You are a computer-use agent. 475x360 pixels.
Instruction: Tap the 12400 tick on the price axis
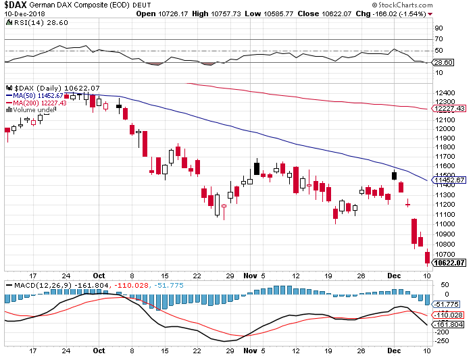(x=444, y=93)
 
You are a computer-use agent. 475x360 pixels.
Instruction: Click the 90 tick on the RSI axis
(x=439, y=28)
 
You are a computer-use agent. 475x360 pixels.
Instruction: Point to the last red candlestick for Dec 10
(x=426, y=257)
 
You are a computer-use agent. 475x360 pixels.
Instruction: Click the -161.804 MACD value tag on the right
(x=449, y=325)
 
